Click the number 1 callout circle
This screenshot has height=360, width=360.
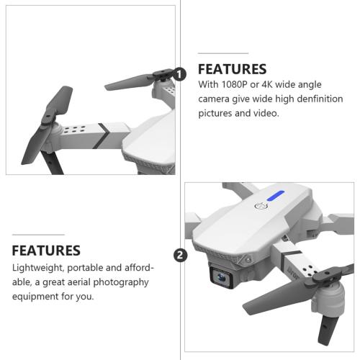coord(180,73)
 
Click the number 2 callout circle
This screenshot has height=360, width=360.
coord(180,256)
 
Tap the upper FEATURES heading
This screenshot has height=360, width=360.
coord(232,69)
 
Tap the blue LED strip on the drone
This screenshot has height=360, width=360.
coord(275,195)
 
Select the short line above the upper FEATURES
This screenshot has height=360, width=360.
coord(222,53)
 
